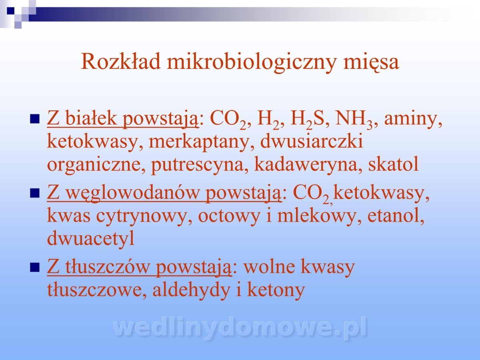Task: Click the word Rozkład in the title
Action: [121, 62]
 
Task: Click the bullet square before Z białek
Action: [34, 119]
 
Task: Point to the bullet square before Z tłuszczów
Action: [34, 267]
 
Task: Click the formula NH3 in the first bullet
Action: [354, 120]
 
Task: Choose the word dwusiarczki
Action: [312, 140]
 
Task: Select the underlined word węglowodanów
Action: [132, 194]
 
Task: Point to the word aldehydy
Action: [191, 291]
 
